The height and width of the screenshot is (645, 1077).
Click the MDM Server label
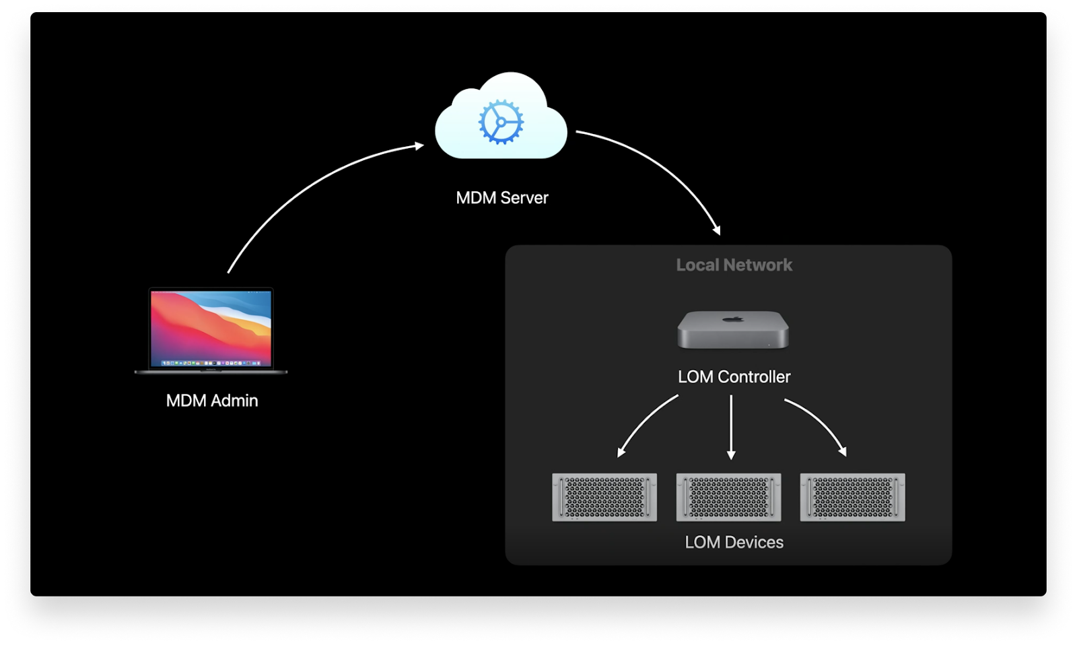(502, 198)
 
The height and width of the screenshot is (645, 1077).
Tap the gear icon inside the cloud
(501, 122)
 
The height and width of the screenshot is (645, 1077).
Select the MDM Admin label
(212, 401)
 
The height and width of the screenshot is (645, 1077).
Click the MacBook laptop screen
(211, 328)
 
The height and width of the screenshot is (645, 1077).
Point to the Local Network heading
(734, 265)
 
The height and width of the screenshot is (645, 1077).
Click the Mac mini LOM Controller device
(733, 329)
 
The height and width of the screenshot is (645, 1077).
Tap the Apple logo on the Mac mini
(733, 318)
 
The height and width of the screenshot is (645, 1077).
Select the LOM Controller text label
(734, 376)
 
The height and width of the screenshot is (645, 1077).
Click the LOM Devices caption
(734, 542)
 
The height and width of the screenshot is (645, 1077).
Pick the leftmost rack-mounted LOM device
(604, 497)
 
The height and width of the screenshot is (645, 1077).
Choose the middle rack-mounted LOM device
(728, 497)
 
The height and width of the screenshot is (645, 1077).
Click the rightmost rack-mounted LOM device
(852, 497)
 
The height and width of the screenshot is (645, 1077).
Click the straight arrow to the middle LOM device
(731, 427)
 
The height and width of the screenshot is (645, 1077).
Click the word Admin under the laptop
(235, 401)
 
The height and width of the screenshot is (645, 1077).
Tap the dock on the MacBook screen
(211, 363)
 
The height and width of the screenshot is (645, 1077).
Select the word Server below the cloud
(524, 198)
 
